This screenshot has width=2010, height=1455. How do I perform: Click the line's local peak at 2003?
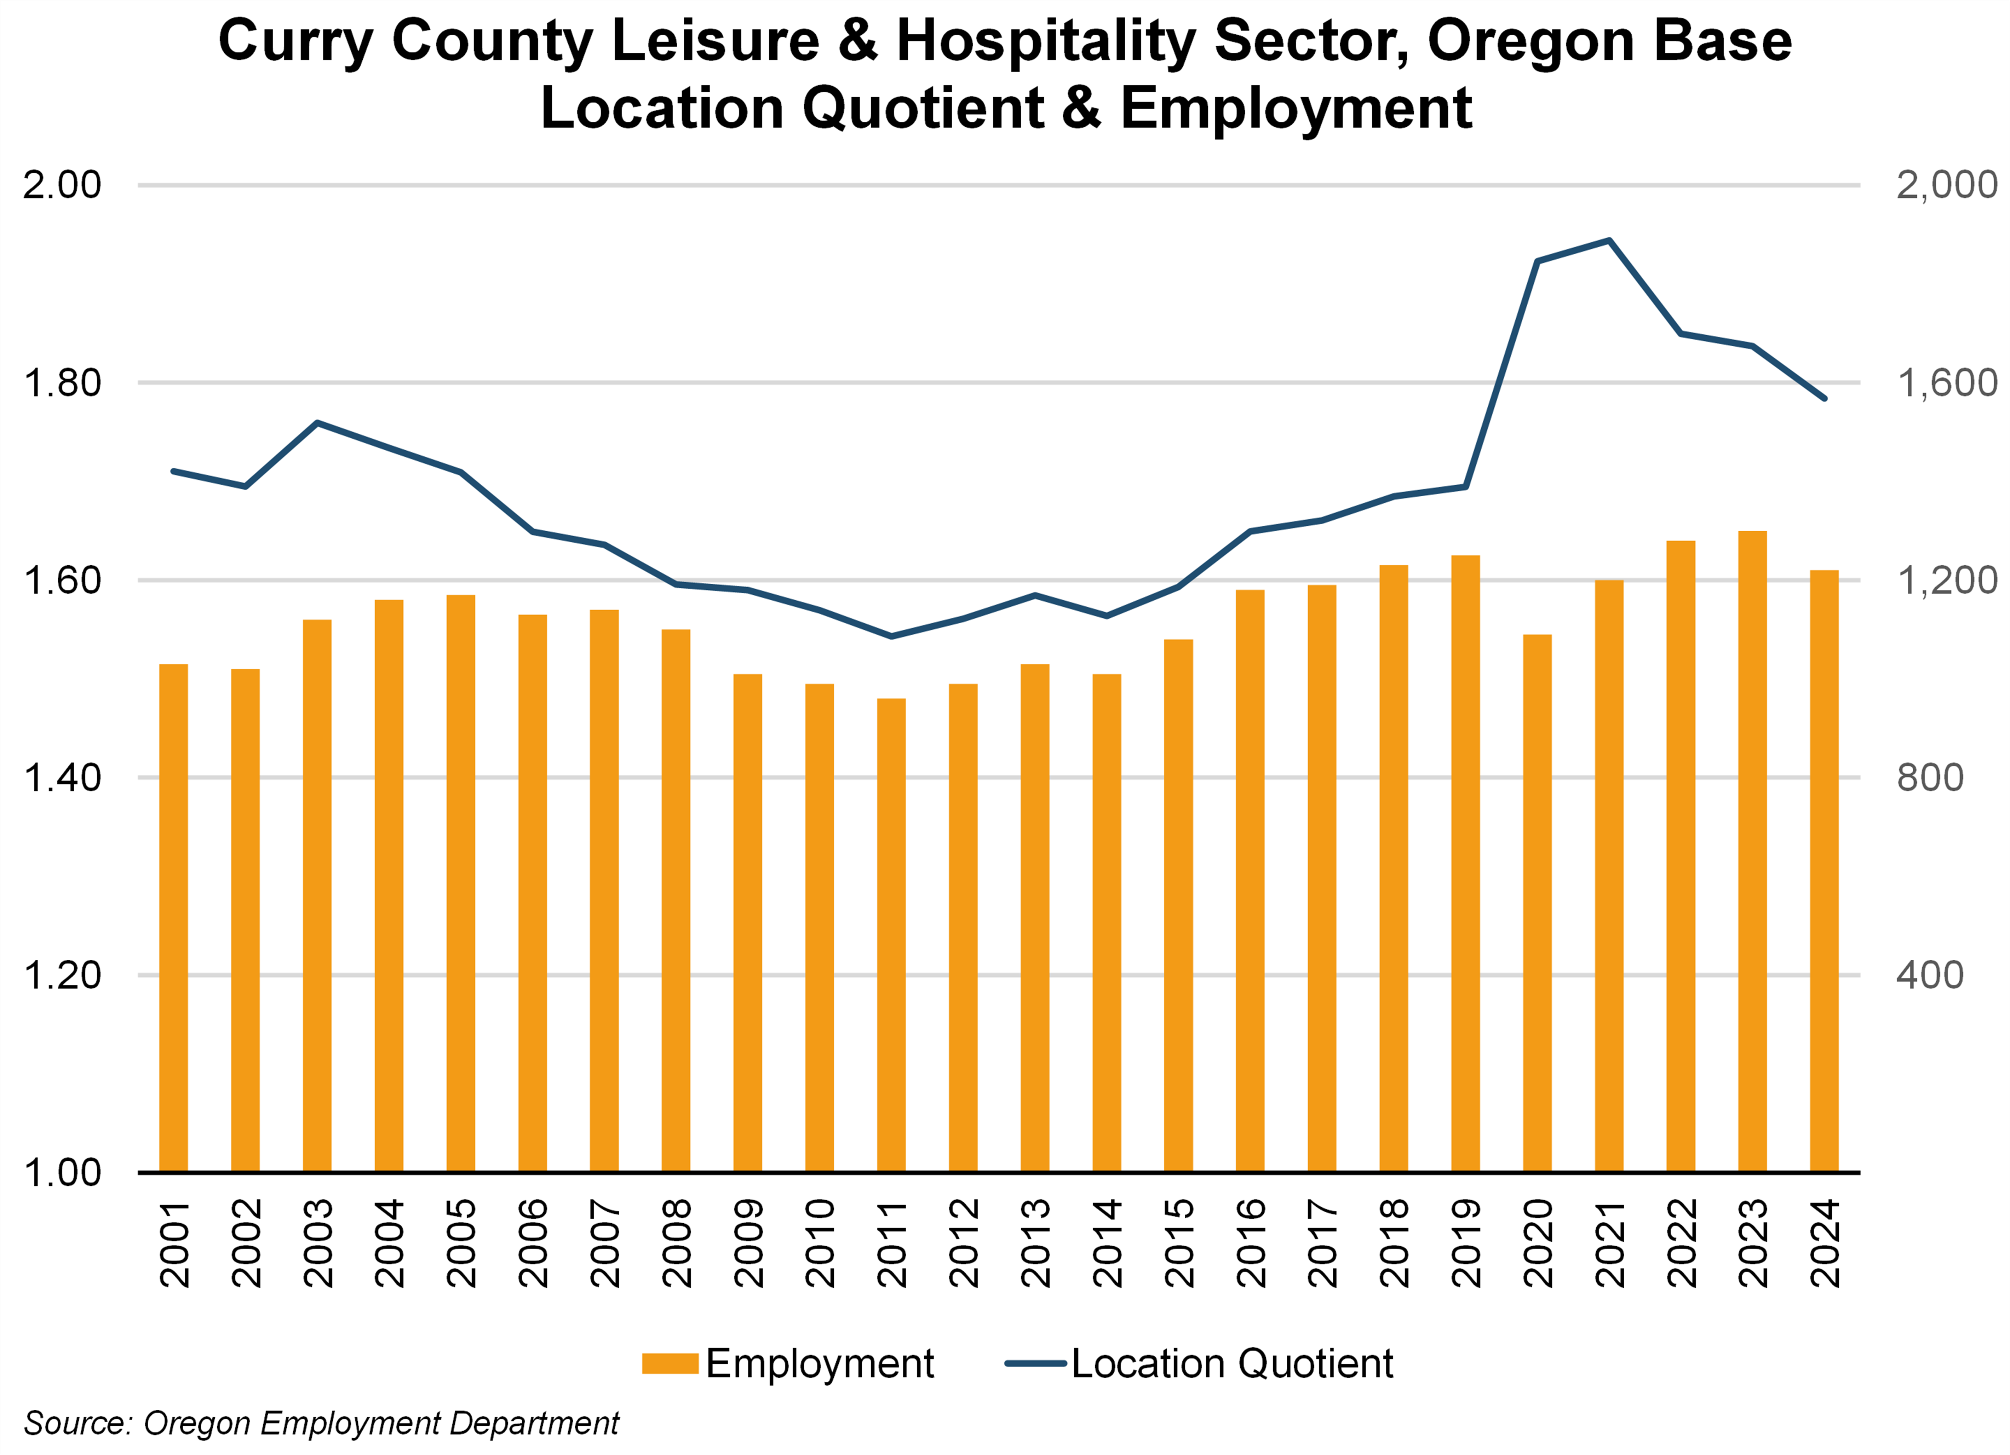[317, 423]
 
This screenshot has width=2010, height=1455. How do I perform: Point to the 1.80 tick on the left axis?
[62, 383]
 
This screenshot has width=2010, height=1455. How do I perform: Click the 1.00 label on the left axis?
[62, 1172]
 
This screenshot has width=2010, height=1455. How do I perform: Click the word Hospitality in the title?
[1046, 42]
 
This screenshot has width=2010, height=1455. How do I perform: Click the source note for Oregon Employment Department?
[321, 1423]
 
